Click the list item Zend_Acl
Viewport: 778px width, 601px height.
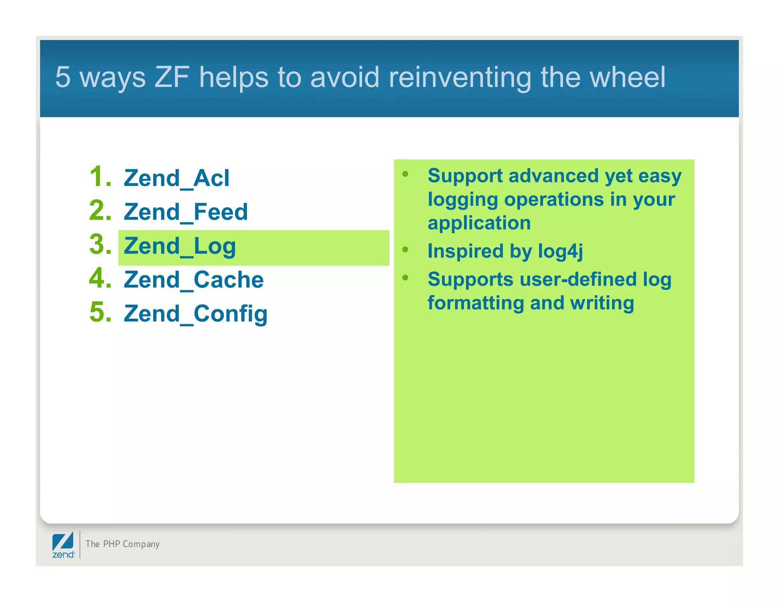[x=177, y=178]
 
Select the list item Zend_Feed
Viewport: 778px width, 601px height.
[x=186, y=212]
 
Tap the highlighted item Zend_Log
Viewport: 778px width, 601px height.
[x=180, y=246]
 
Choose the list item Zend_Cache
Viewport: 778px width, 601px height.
[x=194, y=280]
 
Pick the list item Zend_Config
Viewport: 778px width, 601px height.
[x=196, y=314]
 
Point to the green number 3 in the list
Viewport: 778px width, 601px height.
[x=100, y=244]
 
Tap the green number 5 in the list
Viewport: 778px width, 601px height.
[x=100, y=312]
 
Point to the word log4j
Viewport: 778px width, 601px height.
[x=560, y=251]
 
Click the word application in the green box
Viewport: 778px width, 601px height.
[x=479, y=223]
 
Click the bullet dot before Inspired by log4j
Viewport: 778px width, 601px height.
[x=405, y=250]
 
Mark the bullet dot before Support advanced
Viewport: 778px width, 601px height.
[x=405, y=174]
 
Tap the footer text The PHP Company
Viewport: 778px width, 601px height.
[x=122, y=544]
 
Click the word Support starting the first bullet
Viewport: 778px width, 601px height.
[x=465, y=176]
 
